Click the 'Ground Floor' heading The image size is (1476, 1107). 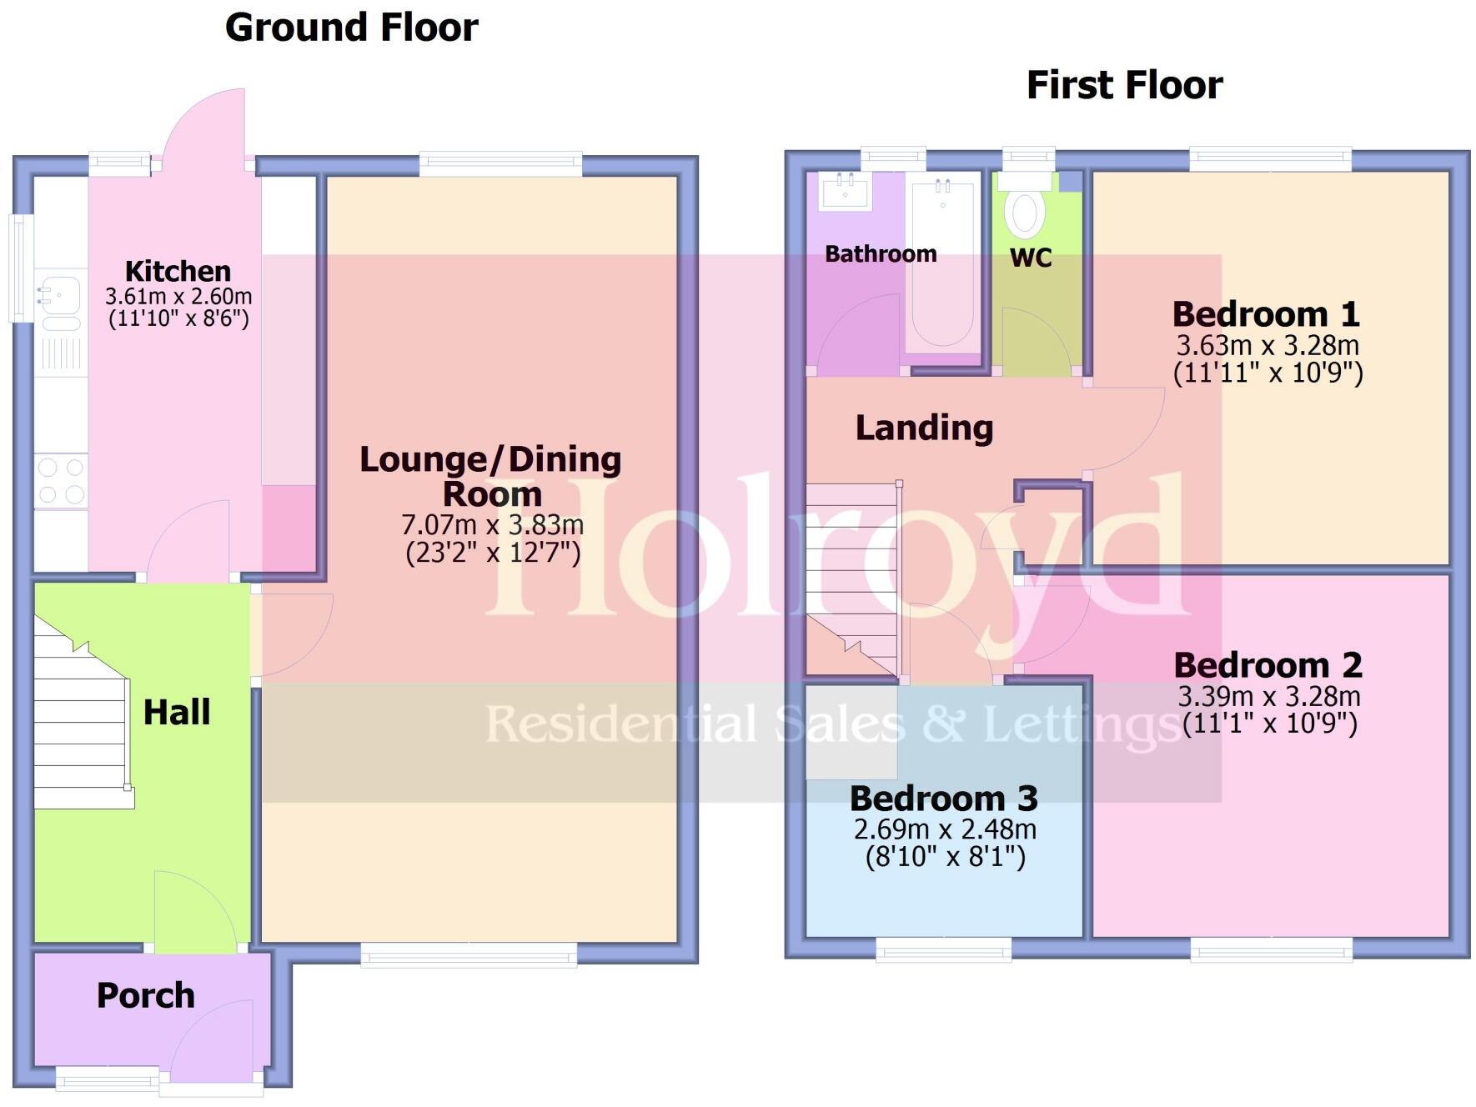[351, 28]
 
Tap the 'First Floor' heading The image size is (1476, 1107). [1124, 85]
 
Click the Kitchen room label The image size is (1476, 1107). [178, 271]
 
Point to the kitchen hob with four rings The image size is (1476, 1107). [61, 481]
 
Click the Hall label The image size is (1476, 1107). [177, 713]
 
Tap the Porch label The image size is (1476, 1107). [146, 995]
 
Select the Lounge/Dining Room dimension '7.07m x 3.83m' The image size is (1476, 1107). [492, 525]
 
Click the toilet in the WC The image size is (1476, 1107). [1025, 213]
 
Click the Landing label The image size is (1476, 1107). [924, 428]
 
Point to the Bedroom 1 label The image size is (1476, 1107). [1266, 314]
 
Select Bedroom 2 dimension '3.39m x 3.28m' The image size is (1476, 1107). [1268, 696]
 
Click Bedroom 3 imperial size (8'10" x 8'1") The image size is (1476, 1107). [945, 857]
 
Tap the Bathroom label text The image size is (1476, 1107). [881, 254]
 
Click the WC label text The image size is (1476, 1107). [1031, 258]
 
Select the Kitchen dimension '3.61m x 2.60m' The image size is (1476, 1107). [178, 297]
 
